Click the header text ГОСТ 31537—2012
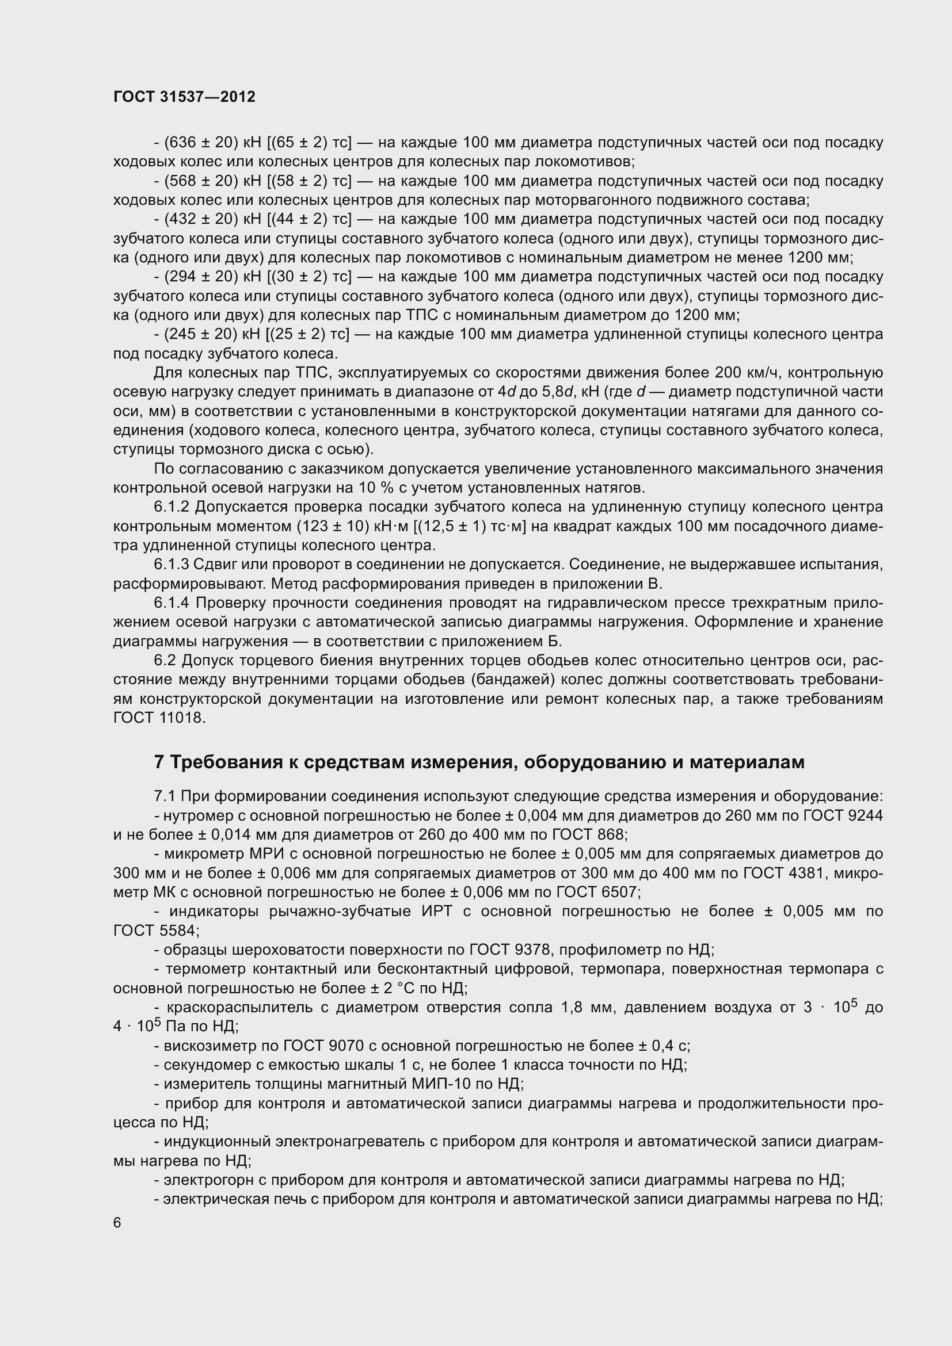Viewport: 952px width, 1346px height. (184, 97)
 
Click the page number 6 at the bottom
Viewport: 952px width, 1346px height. (117, 1222)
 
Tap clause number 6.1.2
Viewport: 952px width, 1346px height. (172, 506)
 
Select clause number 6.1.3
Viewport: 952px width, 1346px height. (172, 565)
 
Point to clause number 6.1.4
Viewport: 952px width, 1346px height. (172, 603)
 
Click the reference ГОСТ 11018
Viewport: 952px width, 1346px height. (159, 718)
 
